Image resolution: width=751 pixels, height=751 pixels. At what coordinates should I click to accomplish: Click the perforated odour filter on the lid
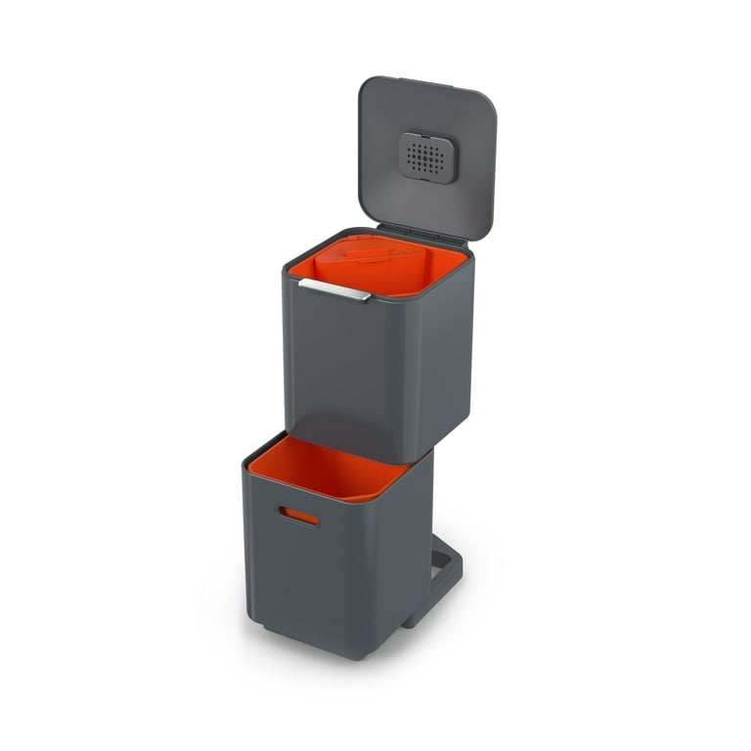(428, 157)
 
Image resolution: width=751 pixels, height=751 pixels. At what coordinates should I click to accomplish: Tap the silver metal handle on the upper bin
(334, 288)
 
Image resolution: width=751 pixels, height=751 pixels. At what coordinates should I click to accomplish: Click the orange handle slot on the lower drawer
(298, 515)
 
